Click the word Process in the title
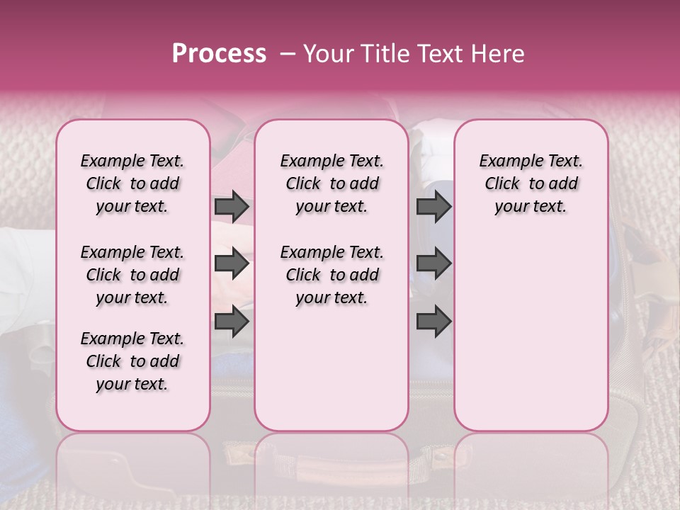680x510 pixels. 219,54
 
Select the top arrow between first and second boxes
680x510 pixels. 232,207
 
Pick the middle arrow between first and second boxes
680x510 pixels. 232,264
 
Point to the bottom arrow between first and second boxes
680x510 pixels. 232,322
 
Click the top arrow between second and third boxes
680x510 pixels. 433,207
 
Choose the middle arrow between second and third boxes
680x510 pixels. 433,264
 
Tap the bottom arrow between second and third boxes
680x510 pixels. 433,322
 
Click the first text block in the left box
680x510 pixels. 132,183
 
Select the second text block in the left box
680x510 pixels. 132,275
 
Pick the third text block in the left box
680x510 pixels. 132,361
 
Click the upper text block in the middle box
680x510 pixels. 331,183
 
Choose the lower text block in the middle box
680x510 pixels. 331,275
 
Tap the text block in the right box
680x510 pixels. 531,183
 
